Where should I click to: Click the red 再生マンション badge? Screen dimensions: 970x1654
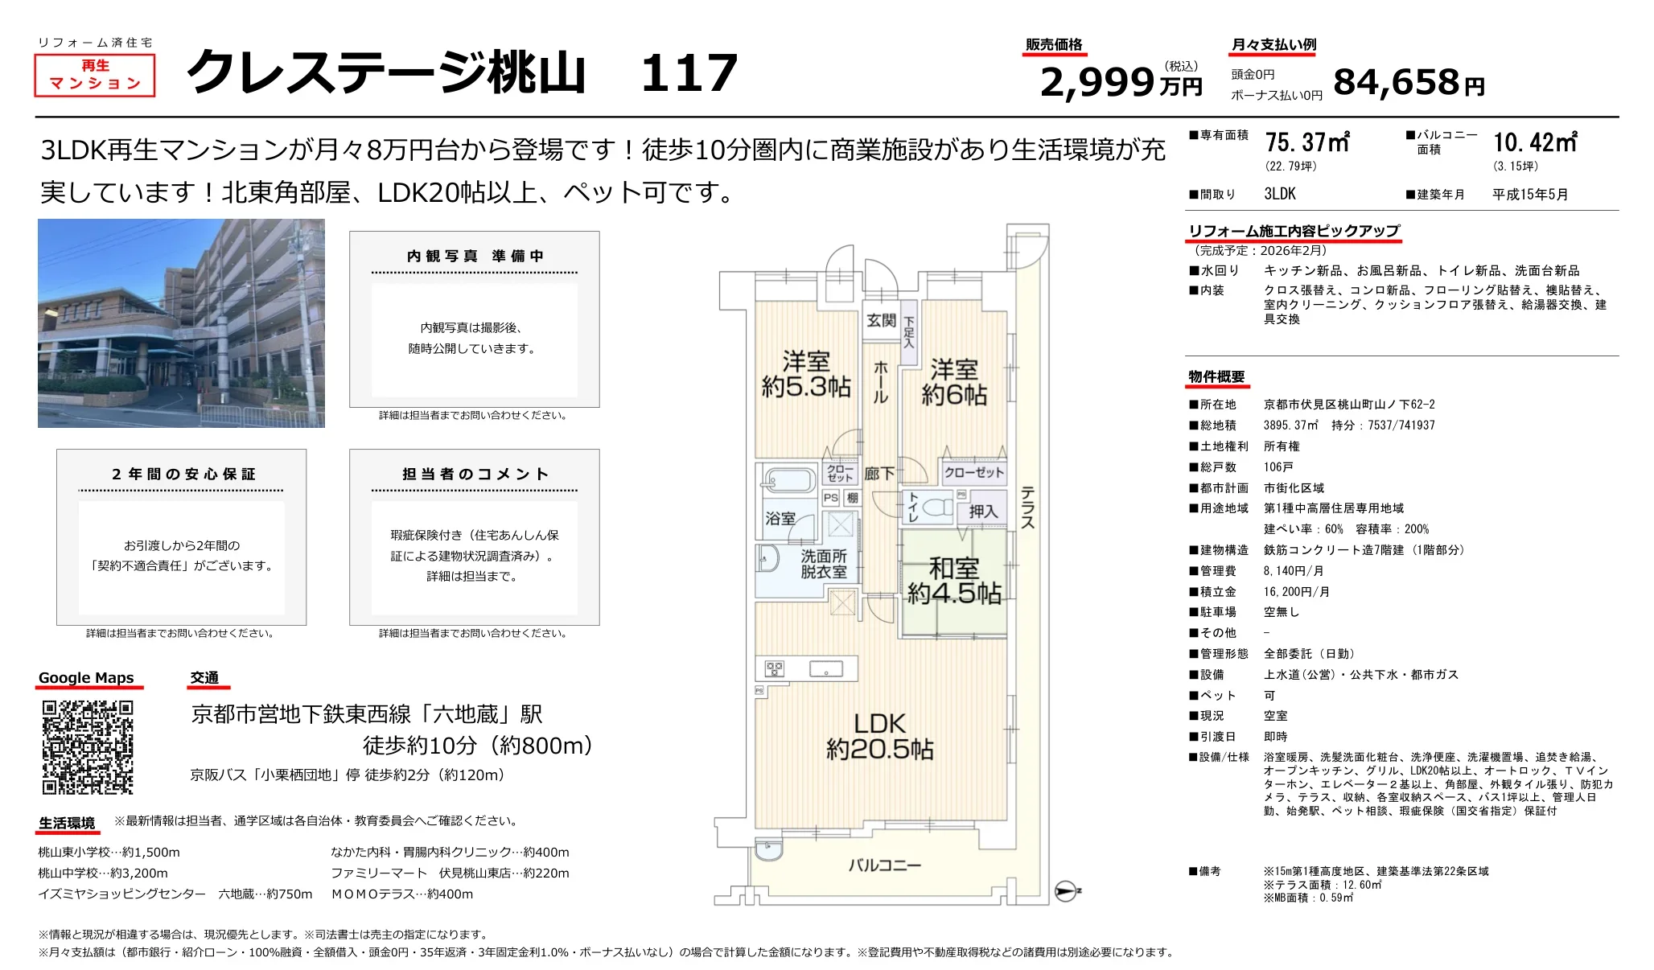click(94, 75)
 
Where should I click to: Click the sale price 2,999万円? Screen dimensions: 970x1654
click(1120, 82)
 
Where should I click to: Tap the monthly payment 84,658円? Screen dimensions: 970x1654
click(1407, 82)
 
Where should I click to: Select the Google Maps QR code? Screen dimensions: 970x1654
click(88, 747)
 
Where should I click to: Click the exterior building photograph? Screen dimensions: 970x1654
click(181, 323)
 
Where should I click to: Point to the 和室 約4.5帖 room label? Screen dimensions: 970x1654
click(954, 581)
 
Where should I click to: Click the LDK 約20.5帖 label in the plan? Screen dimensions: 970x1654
click(879, 736)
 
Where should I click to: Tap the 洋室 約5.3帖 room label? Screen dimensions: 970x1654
click(805, 374)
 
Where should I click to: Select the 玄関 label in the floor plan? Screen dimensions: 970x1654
click(881, 320)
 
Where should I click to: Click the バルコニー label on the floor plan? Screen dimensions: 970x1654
click(884, 865)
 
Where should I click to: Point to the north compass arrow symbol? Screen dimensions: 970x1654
click(1066, 890)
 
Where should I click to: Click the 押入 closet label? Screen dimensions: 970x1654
click(982, 511)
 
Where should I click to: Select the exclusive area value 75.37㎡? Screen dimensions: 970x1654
click(1306, 142)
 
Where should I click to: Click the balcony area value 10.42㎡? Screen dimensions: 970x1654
click(1535, 142)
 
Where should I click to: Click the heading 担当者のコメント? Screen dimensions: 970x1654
click(475, 474)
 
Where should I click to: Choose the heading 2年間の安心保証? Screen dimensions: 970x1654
click(183, 474)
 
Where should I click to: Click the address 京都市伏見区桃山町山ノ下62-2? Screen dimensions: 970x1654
click(1348, 405)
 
